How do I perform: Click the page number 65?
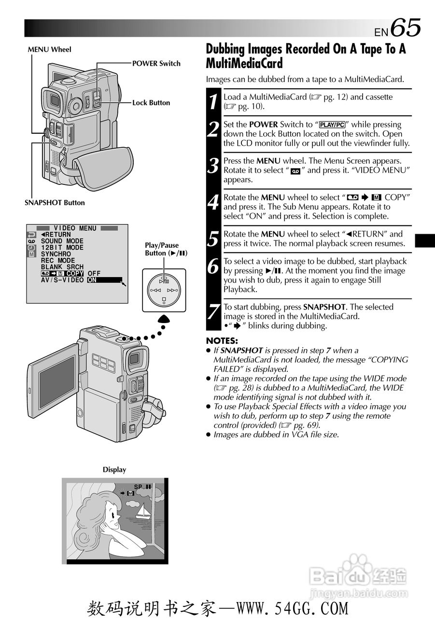pos(406,27)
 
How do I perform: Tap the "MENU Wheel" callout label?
pos(49,49)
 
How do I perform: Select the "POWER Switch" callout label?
pos(156,63)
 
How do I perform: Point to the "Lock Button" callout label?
pos(151,102)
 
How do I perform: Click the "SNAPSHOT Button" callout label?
pos(55,203)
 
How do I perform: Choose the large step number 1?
pos(213,101)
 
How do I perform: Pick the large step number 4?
pos(213,202)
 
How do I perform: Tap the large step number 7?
pos(213,311)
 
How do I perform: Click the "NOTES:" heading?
pos(222,341)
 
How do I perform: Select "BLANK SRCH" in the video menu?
pos(62,267)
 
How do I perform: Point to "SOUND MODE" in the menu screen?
pos(62,241)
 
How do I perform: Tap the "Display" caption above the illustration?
pos(114,470)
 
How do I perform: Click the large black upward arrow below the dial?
pos(164,319)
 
